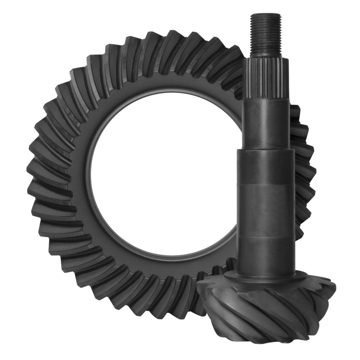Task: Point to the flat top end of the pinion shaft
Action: [265, 15]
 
